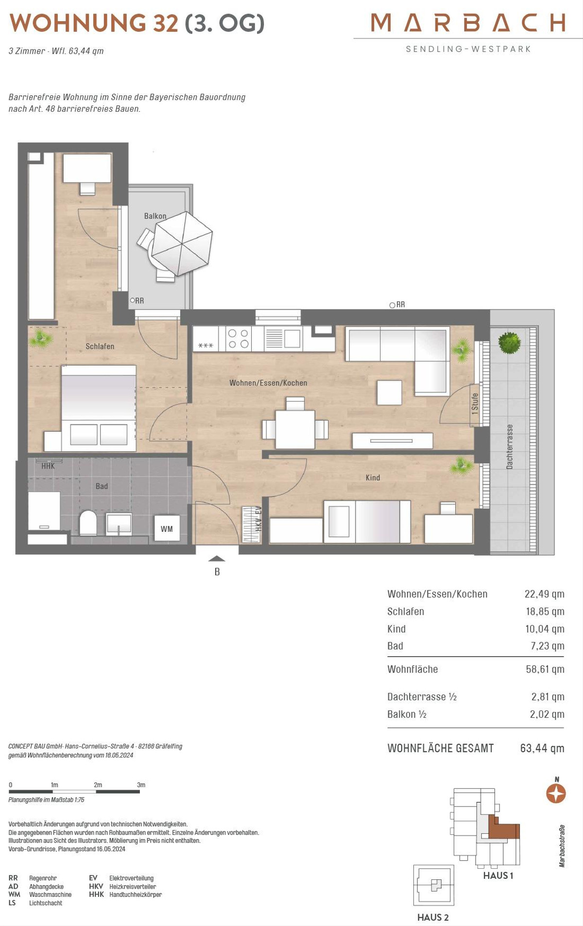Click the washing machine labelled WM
tap(167, 528)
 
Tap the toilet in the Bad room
tap(88, 522)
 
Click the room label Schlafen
tap(100, 346)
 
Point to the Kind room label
tap(373, 478)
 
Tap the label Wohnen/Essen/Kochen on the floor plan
tap(268, 383)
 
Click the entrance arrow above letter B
tap(217, 558)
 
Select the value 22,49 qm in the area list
tap(544, 594)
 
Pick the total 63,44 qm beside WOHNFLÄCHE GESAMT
tap(542, 748)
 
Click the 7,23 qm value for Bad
tap(548, 646)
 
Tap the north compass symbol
tap(556, 793)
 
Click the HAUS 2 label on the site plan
tap(433, 917)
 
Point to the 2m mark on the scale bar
tap(98, 785)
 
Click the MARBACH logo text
tap(468, 22)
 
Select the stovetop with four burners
tap(238, 338)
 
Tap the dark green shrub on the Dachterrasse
tap(509, 342)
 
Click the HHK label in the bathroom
tap(48, 466)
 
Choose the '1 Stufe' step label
tap(475, 404)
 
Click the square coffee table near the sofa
tap(390, 392)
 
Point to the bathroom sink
tap(119, 524)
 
